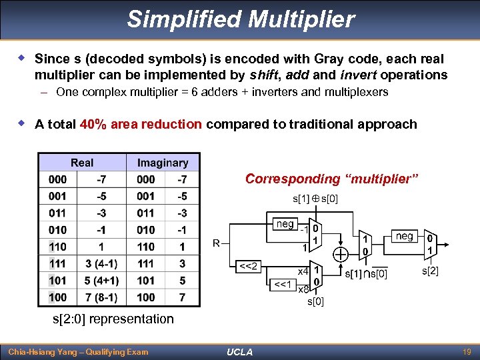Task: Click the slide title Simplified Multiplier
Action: (241, 19)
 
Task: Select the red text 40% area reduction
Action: (140, 124)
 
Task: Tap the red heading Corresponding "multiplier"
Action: (331, 179)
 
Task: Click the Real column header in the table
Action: (82, 163)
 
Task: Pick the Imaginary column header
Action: (162, 163)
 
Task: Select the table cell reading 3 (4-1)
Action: (102, 264)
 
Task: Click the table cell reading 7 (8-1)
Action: (102, 297)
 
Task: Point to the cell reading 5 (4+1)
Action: (102, 281)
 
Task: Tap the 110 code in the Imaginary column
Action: (145, 247)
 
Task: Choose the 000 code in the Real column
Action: (57, 179)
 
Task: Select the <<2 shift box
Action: (249, 267)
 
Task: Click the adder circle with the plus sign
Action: (341, 254)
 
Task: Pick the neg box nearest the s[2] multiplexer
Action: (404, 236)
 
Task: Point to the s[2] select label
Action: (430, 271)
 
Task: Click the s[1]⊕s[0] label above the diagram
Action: (315, 199)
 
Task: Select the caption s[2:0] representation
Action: (113, 319)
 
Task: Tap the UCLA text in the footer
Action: (239, 351)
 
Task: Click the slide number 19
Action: (466, 351)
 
